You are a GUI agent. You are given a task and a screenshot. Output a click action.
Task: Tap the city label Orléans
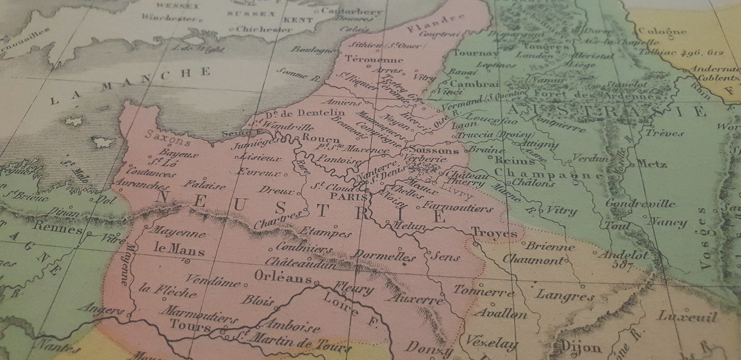tap(283, 277)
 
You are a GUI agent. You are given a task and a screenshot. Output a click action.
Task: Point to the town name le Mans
tap(179, 250)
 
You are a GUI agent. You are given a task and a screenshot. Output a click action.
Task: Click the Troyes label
tap(494, 233)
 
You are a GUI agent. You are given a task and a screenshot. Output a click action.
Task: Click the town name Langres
tap(565, 295)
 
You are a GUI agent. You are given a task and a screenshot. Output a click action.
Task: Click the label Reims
tap(508, 160)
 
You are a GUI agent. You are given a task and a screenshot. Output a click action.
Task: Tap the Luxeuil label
tap(687, 317)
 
